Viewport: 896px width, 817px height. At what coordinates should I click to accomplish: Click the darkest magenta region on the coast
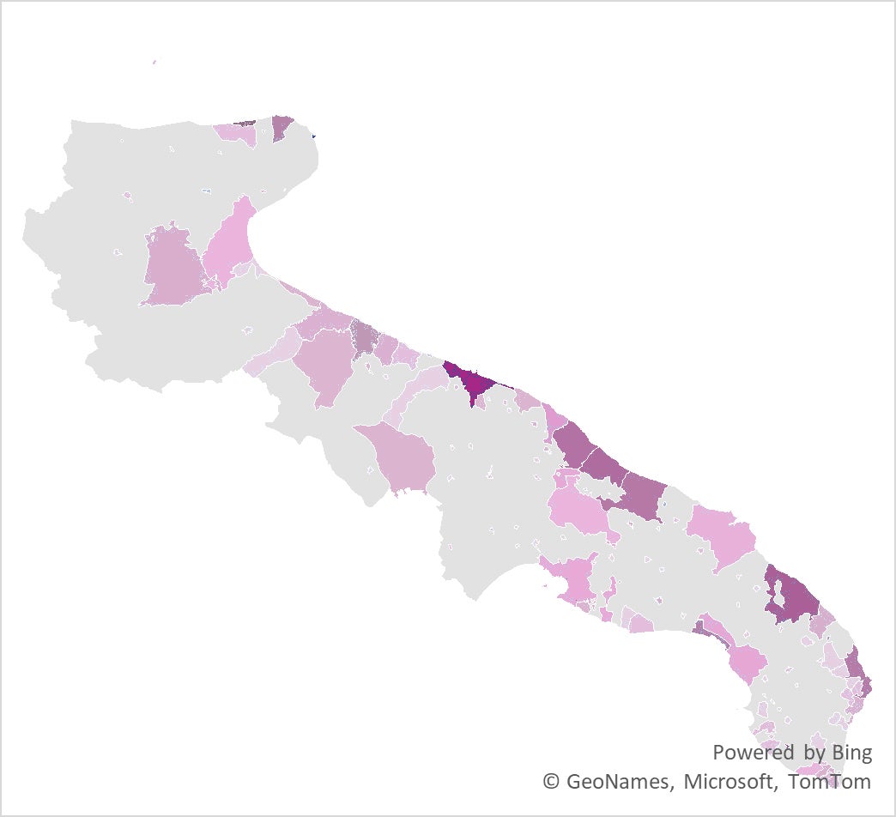tap(469, 381)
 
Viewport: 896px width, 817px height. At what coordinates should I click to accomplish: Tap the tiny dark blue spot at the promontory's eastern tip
tap(314, 135)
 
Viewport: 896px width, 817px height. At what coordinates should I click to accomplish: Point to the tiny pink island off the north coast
tap(154, 62)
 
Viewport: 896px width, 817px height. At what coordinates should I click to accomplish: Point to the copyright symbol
tap(551, 782)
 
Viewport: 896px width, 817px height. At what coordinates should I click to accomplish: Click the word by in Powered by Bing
tap(814, 753)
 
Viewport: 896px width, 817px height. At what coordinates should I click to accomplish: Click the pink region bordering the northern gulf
tap(230, 245)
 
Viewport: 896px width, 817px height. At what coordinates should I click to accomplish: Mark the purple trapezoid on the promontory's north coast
tap(282, 127)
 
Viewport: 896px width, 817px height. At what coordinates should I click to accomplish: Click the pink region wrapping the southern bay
tap(573, 578)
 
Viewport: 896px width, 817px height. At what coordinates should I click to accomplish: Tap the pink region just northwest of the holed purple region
tap(721, 534)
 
